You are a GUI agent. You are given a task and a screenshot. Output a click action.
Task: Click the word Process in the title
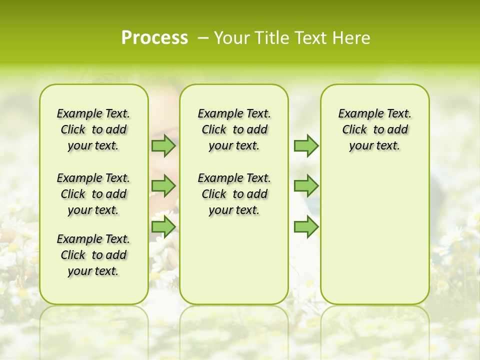154,38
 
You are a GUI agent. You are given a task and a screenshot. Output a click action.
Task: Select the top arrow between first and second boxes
163,145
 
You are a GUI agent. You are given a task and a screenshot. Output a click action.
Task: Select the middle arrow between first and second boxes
163,186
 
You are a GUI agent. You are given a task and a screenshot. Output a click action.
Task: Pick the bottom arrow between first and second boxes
163,226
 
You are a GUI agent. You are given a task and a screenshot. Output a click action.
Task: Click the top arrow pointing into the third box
306,145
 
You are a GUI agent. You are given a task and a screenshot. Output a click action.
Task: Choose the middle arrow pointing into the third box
306,186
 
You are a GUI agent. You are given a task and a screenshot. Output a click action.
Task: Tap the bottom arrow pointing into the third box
306,226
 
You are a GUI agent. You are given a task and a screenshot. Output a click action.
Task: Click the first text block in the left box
93,129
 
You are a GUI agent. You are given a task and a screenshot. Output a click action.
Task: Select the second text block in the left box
93,194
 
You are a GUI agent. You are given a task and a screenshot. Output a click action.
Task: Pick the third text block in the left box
93,255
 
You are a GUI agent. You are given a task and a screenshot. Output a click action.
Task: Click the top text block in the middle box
234,129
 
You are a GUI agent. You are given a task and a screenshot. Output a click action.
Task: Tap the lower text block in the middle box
234,194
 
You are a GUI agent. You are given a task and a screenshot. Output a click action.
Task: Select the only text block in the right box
374,129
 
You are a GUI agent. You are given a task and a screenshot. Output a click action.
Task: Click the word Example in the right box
357,114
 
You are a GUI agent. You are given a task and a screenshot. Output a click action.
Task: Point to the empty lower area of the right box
374,230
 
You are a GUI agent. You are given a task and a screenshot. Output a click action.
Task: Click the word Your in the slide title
231,38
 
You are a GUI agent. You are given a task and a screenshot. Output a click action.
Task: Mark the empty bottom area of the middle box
234,260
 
